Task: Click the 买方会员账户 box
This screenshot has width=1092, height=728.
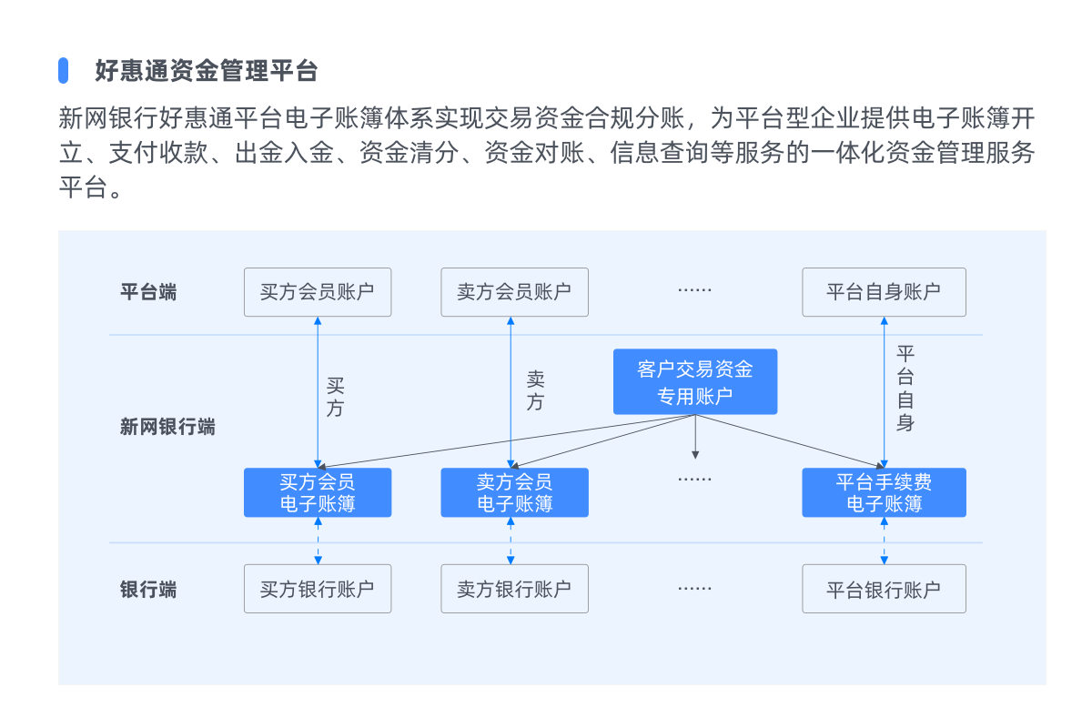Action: [318, 292]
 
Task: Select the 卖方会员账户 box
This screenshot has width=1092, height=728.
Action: [514, 292]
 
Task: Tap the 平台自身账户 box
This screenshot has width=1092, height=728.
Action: [884, 292]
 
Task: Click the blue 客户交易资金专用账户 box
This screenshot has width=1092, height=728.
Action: [695, 382]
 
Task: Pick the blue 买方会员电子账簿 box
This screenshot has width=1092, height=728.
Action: [318, 493]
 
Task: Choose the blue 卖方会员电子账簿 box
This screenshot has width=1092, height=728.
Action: [514, 493]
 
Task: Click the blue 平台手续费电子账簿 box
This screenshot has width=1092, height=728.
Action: [884, 493]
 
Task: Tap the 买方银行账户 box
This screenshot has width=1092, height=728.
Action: [318, 589]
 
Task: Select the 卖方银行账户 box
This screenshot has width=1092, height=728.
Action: [514, 589]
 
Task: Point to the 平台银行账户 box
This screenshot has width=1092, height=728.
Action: [884, 589]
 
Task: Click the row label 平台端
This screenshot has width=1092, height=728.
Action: [148, 293]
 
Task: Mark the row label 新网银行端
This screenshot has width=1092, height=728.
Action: [167, 427]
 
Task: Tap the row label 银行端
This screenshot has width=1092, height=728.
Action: [148, 590]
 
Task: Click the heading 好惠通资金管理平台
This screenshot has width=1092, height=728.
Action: [206, 70]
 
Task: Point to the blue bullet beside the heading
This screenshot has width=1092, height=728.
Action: [64, 70]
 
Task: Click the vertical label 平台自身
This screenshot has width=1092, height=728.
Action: [905, 389]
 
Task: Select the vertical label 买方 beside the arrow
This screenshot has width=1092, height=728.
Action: [335, 398]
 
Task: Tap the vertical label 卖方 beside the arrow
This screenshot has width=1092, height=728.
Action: [535, 391]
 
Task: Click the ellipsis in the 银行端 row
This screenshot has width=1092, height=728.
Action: [694, 589]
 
